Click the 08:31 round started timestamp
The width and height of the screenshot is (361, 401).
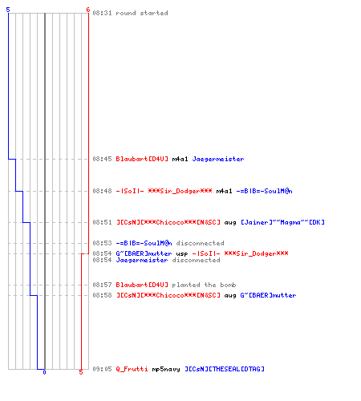pos(102,13)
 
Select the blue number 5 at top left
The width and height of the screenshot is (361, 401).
pos(8,10)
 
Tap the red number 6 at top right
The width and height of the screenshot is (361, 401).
pos(88,10)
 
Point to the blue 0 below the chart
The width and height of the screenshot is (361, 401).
pos(44,372)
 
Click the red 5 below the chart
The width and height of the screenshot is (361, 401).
pos(81,372)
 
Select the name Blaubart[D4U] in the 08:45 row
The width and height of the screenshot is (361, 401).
pos(142,159)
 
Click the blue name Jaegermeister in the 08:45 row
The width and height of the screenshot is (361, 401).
pos(218,159)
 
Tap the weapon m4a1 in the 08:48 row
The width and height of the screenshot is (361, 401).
pos(224,191)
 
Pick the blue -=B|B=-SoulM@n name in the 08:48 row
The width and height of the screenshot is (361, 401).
pos(264,191)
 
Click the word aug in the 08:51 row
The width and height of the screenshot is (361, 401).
pos(230,223)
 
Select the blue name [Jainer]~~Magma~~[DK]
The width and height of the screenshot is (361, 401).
pos(282,222)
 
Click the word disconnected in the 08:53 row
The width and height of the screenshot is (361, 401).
pos(200,243)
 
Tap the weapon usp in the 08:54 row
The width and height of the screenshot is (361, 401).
pos(182,253)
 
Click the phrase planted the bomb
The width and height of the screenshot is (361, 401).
pos(204,285)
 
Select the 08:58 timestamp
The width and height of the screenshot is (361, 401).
pos(102,295)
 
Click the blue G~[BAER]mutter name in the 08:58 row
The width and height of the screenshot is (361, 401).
pos(268,295)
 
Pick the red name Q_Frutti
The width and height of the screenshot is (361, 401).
pos(132,369)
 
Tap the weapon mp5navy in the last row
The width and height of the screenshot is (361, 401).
pos(166,369)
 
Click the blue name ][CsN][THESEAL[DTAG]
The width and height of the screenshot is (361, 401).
pos(225,369)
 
